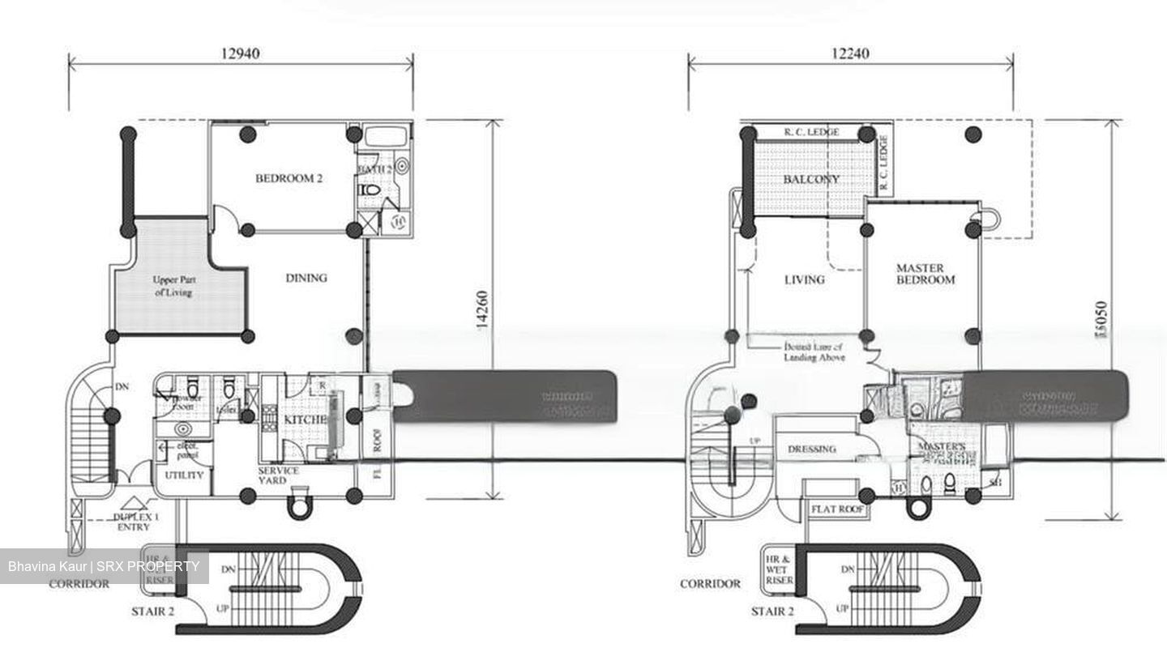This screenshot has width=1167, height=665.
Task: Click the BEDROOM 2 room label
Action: [x=289, y=178]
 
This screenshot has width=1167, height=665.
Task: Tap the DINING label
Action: [x=306, y=278]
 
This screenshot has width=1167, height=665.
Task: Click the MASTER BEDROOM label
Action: [x=925, y=274]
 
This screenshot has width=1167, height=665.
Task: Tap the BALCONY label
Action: [x=811, y=179]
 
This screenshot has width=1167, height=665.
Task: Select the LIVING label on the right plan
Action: [x=804, y=279]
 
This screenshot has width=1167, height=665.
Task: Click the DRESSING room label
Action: [x=811, y=449]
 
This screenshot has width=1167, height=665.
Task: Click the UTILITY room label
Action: [x=184, y=475]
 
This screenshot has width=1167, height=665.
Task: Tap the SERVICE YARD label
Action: [x=278, y=475]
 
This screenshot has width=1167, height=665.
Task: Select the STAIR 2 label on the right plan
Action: [x=772, y=611]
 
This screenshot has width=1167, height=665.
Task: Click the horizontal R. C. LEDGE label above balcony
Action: [x=811, y=132]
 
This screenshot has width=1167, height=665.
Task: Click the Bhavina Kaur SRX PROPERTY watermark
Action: [x=104, y=566]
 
